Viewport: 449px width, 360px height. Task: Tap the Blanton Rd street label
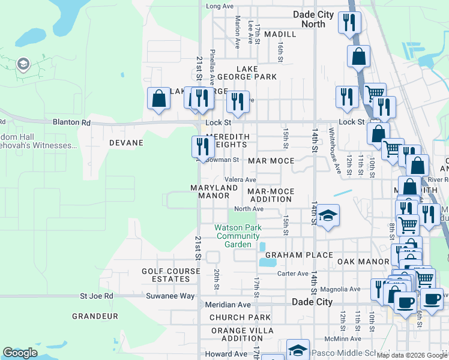click(x=71, y=122)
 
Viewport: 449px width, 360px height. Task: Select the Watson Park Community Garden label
click(x=238, y=236)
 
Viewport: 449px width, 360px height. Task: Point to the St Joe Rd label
click(x=97, y=296)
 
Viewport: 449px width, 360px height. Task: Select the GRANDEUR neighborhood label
click(x=94, y=316)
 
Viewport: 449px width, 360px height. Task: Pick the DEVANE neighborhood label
click(x=126, y=143)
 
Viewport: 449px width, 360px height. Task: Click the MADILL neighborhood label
click(x=280, y=34)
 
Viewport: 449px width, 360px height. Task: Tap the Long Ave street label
click(x=220, y=6)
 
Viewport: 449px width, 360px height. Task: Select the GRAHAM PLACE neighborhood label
click(x=299, y=255)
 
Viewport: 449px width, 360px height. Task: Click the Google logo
click(x=20, y=353)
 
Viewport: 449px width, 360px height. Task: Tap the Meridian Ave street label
click(x=228, y=305)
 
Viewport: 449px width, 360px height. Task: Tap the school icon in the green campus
click(x=23, y=64)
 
